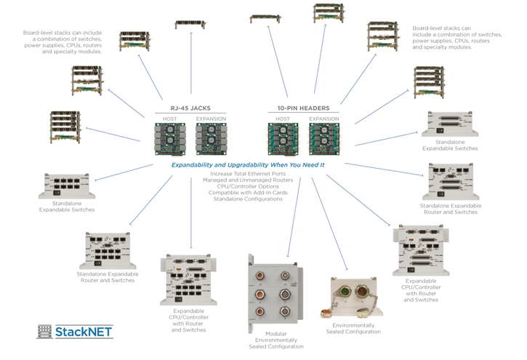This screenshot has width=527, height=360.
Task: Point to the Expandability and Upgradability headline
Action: click(248, 166)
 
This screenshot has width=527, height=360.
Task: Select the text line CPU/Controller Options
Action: click(248, 187)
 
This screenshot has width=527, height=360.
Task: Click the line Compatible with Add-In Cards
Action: click(248, 193)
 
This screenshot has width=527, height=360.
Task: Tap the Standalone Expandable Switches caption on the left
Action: click(67, 207)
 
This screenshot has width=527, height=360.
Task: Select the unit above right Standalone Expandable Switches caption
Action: click(450, 126)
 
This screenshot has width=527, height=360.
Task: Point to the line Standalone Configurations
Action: click(248, 199)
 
